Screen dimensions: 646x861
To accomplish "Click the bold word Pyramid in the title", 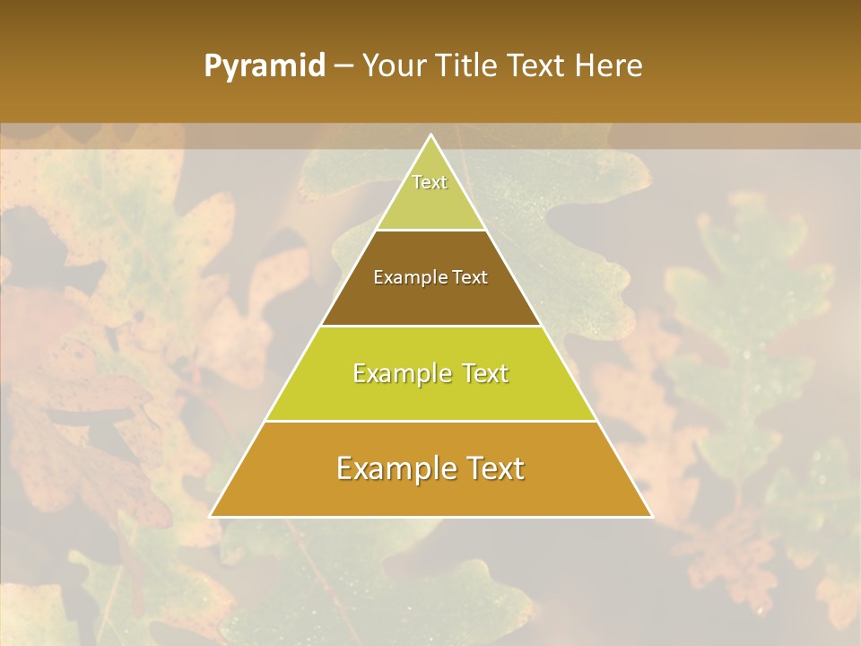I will pos(264,66).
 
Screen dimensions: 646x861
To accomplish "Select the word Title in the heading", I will pos(469,65).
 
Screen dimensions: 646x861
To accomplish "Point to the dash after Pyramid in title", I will pos(344,66).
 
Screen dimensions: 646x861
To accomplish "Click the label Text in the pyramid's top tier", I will pos(430,182).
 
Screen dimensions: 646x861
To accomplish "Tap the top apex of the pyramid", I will pos(431,135).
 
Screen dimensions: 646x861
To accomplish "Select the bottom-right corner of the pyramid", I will pos(651,516).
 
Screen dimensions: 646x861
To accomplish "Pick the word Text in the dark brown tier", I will pos(470,277).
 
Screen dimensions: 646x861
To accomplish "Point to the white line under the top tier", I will pos(431,230).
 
